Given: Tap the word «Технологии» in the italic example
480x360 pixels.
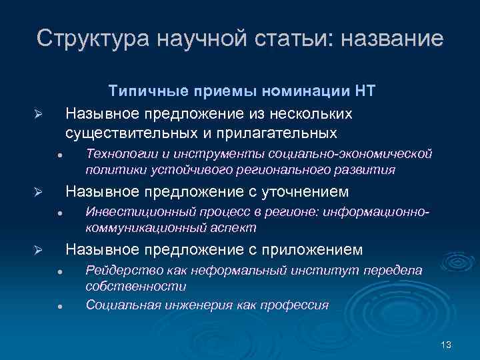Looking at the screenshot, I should pos(121,154).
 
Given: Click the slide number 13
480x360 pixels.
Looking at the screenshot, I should pos(446,344).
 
